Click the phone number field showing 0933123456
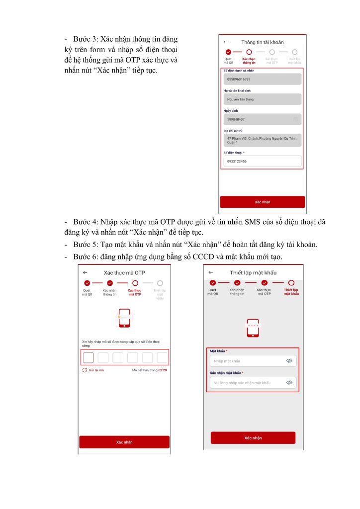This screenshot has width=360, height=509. coord(262,162)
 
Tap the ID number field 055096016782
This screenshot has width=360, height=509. coord(262,79)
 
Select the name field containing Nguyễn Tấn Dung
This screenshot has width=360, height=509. coord(262,99)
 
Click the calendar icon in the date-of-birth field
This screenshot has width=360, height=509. coord(296,119)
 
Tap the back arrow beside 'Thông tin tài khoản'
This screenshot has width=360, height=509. coord(225,42)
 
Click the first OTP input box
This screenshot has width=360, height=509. coord(88,357)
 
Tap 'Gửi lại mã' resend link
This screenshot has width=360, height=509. coord(96,370)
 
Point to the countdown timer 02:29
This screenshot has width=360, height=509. coord(162,370)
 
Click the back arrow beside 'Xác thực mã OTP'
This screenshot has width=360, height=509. coord(85,272)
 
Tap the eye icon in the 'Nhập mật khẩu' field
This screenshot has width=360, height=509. coord(289,361)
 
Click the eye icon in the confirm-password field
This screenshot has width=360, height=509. coord(289,382)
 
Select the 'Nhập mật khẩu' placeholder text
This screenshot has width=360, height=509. coord(227,361)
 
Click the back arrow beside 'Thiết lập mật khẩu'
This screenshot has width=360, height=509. coord(211,272)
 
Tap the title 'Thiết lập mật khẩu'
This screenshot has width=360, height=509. coord(253,272)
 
